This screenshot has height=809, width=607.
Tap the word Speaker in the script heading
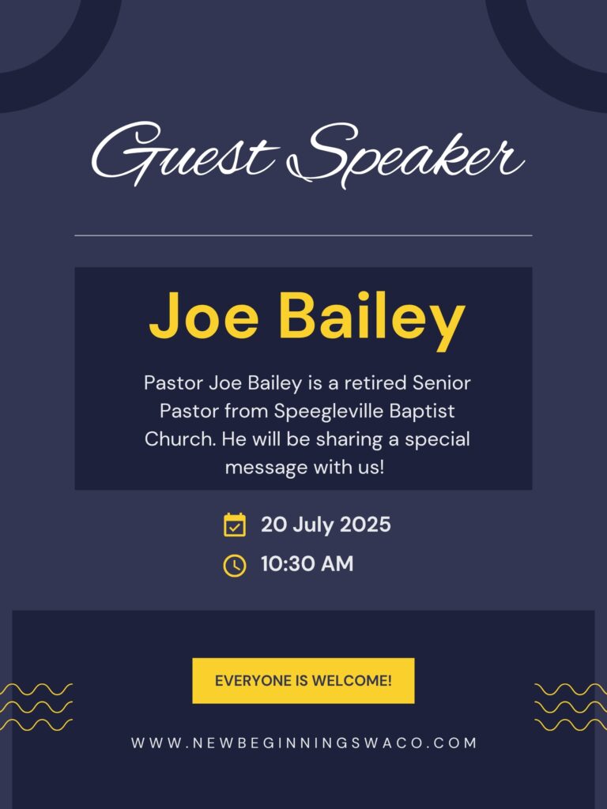[x=407, y=155]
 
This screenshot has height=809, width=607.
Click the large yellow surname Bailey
[x=371, y=318]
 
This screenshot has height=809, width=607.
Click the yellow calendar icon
[x=234, y=525]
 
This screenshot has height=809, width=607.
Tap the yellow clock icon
[x=234, y=565]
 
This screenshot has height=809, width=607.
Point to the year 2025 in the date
[x=364, y=525]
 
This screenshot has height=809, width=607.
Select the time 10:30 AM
[x=307, y=564]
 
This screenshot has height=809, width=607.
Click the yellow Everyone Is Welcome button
[x=303, y=680]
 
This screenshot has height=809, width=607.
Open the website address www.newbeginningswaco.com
[x=303, y=743]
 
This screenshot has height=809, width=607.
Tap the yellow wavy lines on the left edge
[x=36, y=707]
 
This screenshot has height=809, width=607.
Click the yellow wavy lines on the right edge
[x=571, y=707]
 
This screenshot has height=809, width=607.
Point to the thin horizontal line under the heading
[x=303, y=235]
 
